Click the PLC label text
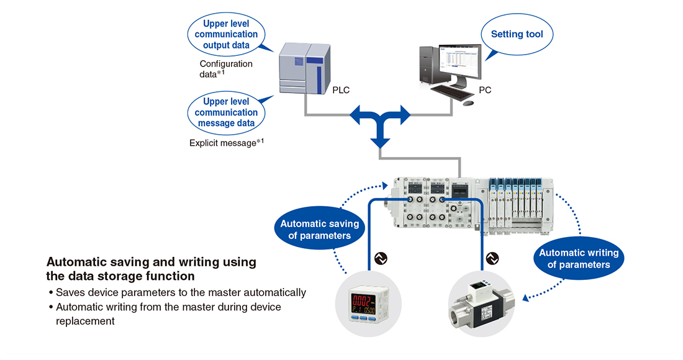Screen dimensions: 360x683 tap(341, 91)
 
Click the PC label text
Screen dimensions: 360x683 tap(485, 91)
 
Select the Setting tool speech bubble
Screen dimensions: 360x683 tap(517, 34)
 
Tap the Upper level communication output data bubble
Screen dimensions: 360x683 tap(226, 34)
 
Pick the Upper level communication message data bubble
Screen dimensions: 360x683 tap(226, 112)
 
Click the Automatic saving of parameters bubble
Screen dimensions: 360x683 tap(319, 230)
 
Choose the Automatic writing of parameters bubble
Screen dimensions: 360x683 tap(579, 258)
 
